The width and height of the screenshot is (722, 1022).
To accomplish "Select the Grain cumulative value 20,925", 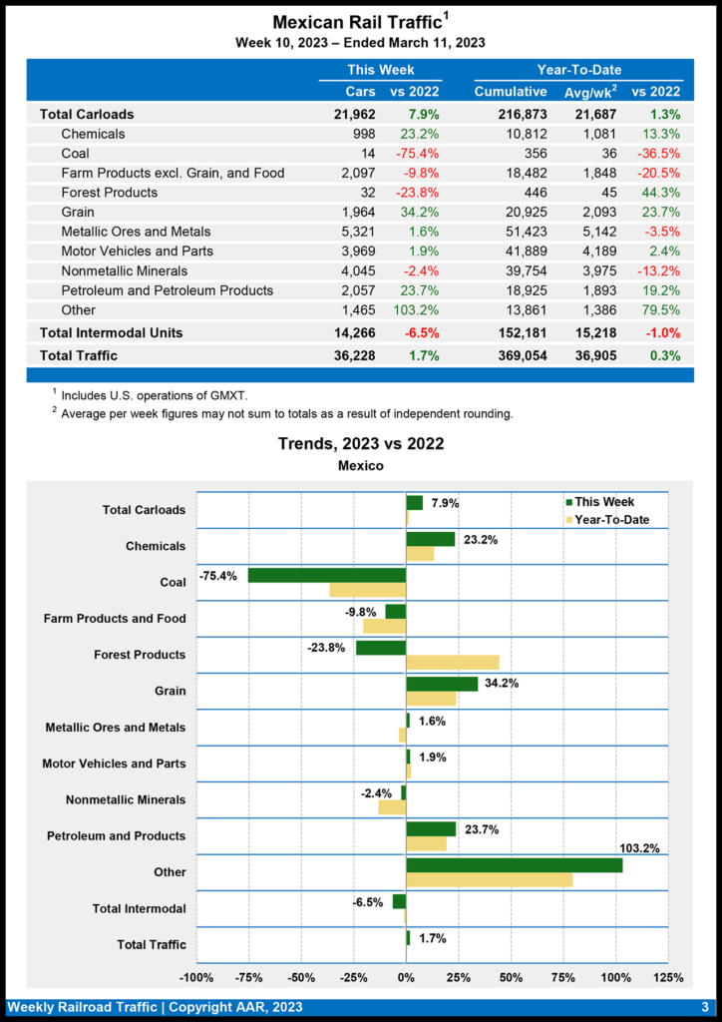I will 523,212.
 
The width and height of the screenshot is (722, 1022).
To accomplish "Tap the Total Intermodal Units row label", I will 110,332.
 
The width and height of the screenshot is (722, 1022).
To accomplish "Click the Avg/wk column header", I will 589,92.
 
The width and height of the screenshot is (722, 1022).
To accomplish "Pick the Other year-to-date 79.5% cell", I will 659,309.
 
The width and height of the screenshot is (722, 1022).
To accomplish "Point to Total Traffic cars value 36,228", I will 355,355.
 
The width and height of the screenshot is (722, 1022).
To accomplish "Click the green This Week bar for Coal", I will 327,575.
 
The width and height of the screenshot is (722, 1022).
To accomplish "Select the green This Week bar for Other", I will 514,865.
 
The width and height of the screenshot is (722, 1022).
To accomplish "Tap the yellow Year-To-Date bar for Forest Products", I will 452,662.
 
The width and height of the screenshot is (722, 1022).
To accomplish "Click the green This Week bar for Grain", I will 442,684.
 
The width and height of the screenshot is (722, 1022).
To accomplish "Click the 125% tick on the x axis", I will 666,977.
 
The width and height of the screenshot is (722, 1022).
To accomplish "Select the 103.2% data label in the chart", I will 639,847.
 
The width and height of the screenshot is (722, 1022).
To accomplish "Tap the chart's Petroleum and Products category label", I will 116,835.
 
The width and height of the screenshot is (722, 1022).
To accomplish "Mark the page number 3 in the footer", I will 704,1007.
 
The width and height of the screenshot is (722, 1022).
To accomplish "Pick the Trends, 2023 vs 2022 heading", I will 360,444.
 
